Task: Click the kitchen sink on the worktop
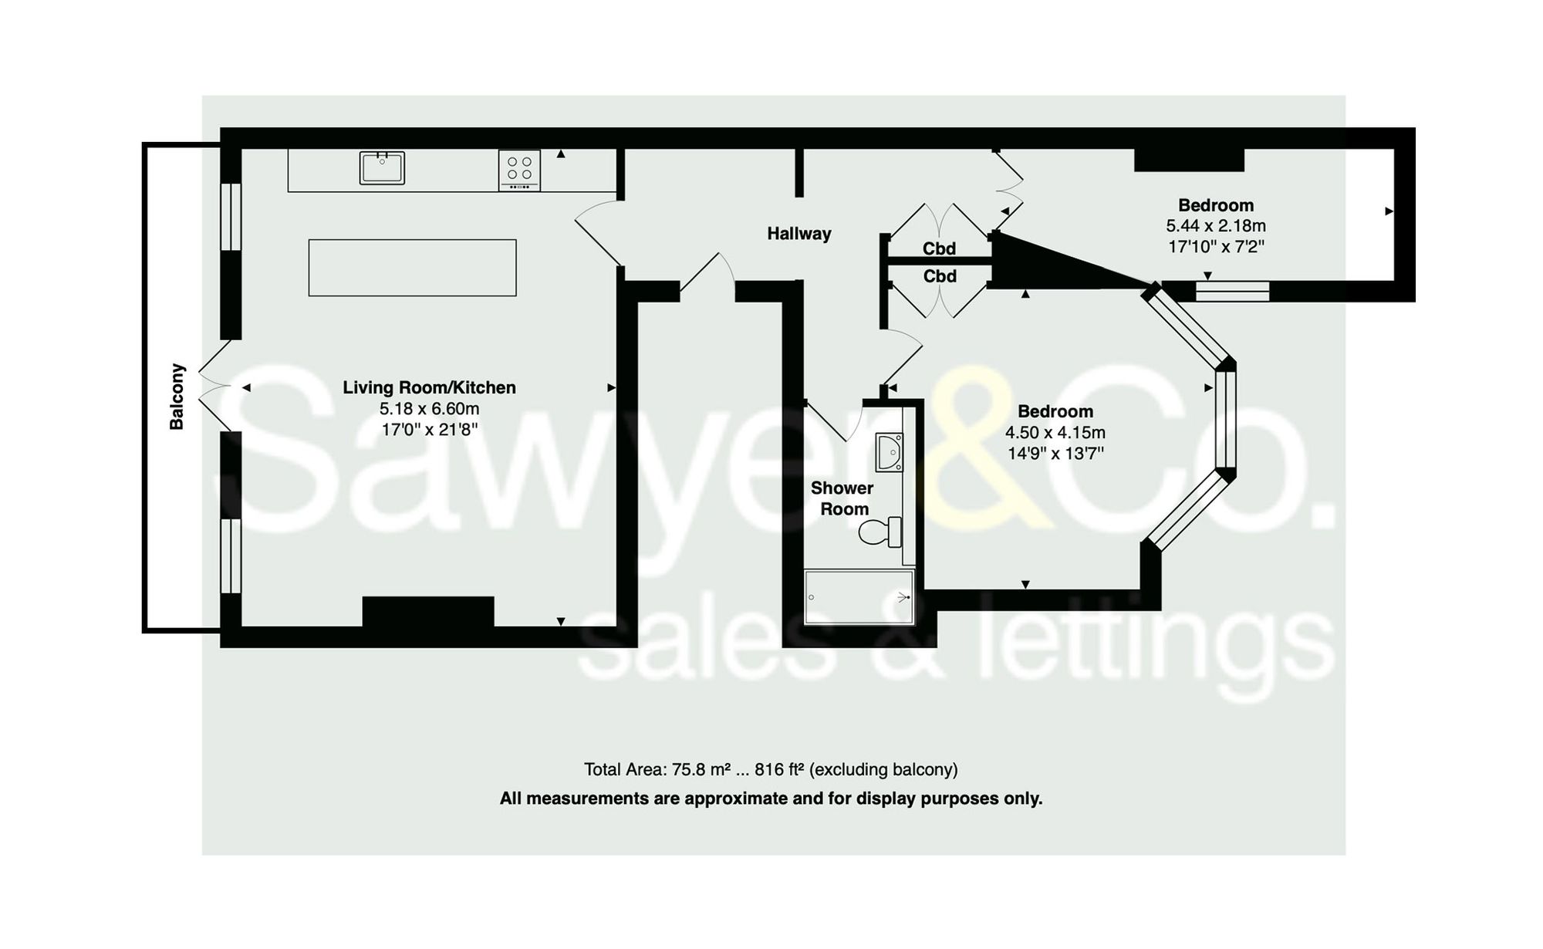tap(382, 167)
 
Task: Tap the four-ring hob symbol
tap(519, 169)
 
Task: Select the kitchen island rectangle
tap(412, 268)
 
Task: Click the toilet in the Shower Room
tap(880, 532)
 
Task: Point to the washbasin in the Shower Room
tap(889, 451)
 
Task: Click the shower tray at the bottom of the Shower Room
tap(858, 596)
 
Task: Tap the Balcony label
tap(177, 397)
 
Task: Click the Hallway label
tap(799, 234)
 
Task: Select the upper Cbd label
tap(939, 248)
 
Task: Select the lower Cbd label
tap(939, 276)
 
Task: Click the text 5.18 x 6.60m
tap(429, 409)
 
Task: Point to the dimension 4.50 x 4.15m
tap(1055, 433)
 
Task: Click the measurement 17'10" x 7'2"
tap(1215, 247)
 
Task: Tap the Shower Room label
tap(842, 498)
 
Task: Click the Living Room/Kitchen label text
tap(429, 387)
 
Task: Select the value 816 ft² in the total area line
tap(779, 769)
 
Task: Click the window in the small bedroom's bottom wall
tap(1232, 291)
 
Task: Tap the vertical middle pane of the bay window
tap(1225, 419)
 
